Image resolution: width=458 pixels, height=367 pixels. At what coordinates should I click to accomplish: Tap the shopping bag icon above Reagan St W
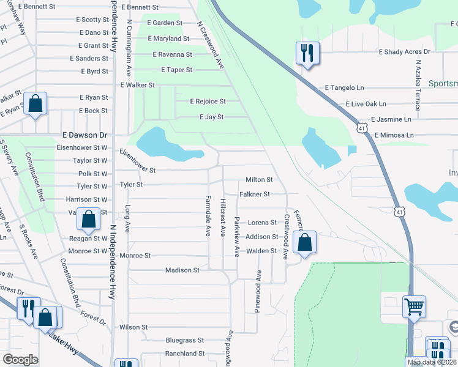click(x=89, y=220)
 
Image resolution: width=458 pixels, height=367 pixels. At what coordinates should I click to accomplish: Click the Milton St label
click(x=258, y=180)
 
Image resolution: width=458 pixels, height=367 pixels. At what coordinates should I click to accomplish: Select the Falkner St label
click(x=255, y=195)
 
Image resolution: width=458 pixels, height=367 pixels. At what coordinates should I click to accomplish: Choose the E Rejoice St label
click(x=208, y=102)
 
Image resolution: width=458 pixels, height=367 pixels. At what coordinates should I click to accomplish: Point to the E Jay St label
click(x=211, y=117)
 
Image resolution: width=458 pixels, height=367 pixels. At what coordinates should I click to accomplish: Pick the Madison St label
click(x=182, y=270)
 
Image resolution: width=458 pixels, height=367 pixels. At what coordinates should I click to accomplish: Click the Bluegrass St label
click(x=184, y=340)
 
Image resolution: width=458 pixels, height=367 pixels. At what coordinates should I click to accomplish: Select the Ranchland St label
click(x=184, y=354)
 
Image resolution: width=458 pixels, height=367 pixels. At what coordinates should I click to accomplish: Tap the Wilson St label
click(x=134, y=327)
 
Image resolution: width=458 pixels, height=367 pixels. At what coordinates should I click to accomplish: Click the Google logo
click(x=20, y=360)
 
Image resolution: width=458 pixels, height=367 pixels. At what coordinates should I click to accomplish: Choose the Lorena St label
click(x=262, y=223)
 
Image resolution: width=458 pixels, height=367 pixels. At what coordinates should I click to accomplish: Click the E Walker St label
click(x=138, y=85)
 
